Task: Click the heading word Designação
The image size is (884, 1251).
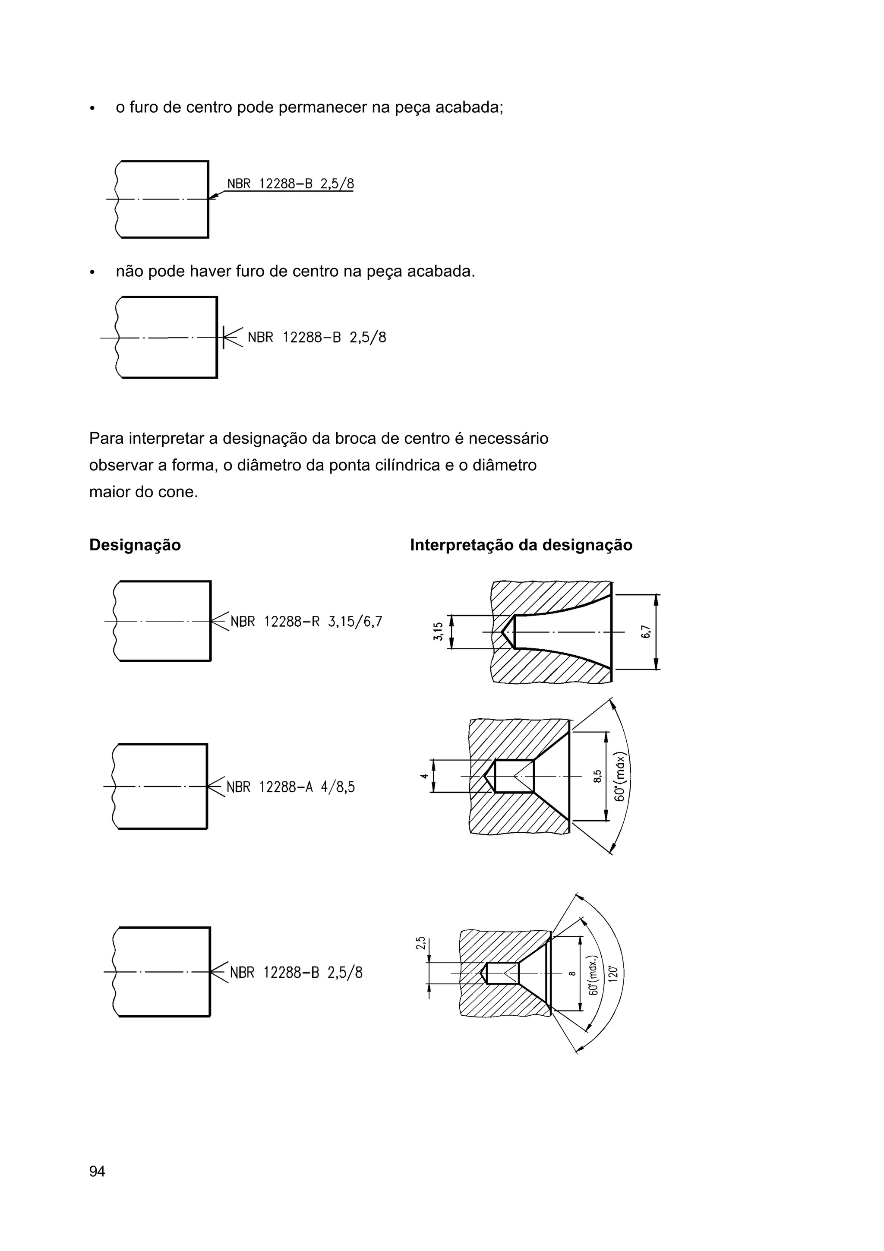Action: click(135, 545)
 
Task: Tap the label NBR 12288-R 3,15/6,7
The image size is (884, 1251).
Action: click(306, 622)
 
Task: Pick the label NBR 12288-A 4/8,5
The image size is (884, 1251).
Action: click(290, 787)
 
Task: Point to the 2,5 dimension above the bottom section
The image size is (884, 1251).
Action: click(420, 943)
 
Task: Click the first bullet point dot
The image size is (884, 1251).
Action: click(93, 108)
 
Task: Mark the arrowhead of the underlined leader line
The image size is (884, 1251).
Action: click(213, 197)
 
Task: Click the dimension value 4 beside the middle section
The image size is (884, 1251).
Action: click(424, 776)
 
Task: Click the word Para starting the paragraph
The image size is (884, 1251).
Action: click(106, 438)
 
